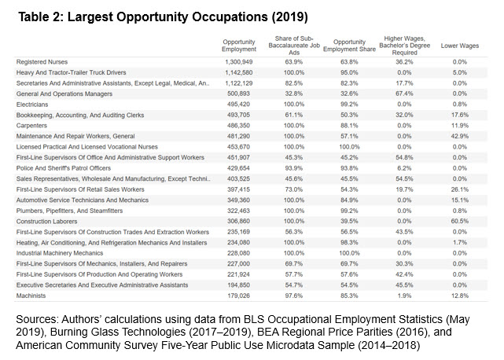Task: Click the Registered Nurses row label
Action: [42, 62]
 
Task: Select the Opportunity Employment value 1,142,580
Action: [239, 72]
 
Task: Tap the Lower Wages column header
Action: [460, 46]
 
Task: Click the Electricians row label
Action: [32, 104]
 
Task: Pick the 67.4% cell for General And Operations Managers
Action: [404, 94]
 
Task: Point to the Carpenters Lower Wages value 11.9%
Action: [460, 125]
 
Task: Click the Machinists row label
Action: [31, 296]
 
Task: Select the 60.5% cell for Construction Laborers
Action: [460, 221]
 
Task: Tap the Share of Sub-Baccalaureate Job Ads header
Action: [294, 46]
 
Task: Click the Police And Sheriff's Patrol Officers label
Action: [64, 167]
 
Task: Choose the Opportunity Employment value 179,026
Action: [238, 296]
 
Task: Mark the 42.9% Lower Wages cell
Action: [460, 136]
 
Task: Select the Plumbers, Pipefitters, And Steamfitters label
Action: [69, 211]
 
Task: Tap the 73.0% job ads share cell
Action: [294, 189]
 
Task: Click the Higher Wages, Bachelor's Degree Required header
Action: [404, 46]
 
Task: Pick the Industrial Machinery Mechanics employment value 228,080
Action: [238, 253]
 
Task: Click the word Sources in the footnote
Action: [37, 319]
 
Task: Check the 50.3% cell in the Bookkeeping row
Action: [349, 115]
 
